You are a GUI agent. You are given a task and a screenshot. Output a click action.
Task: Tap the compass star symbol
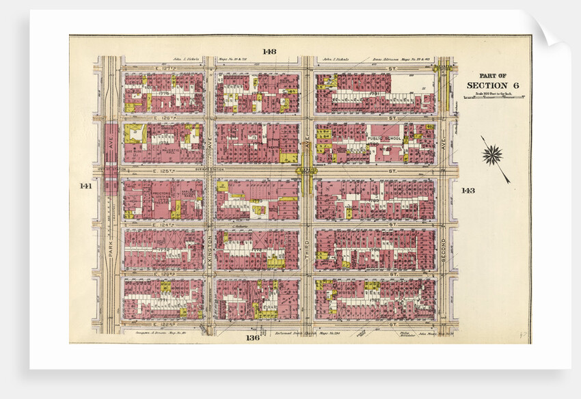492,155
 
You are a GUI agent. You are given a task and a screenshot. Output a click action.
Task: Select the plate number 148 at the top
269,52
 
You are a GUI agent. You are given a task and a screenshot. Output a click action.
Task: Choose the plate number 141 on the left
85,186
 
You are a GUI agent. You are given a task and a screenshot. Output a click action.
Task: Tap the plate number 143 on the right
468,190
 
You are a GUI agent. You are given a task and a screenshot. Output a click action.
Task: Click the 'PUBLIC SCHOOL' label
382,138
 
